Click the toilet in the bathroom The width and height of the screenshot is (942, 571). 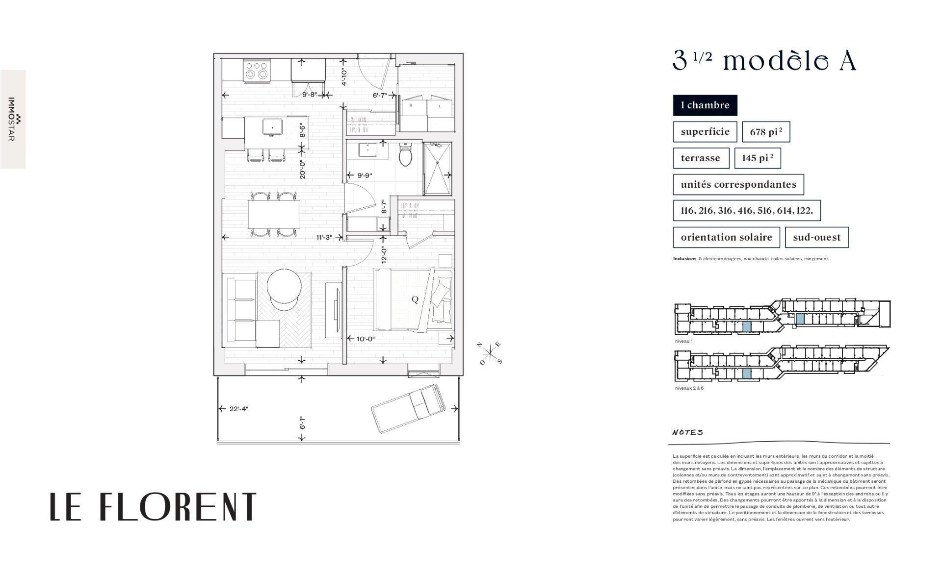point(405,156)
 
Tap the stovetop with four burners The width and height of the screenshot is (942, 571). point(257,70)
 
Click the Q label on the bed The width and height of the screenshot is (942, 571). point(415,299)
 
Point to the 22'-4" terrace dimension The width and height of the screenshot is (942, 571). point(238,409)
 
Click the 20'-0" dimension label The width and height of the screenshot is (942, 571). point(303,170)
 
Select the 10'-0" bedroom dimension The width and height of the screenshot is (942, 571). point(365,338)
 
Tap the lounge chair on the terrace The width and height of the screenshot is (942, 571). point(408,408)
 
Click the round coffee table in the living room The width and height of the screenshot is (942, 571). point(284,288)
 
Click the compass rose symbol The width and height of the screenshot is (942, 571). point(490,353)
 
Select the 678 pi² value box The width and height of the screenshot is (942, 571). point(765,132)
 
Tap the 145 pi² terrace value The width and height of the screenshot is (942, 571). point(757,158)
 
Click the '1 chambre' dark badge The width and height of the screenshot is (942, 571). point(705,105)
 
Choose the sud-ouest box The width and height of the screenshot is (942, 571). point(816,237)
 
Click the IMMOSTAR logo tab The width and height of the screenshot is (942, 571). point(13,119)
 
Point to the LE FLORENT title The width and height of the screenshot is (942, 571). point(153,506)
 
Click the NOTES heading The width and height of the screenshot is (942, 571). point(687,432)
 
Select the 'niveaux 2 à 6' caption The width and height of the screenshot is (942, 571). point(689,388)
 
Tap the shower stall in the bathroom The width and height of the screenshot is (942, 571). point(437,169)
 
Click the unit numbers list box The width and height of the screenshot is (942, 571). point(746,211)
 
